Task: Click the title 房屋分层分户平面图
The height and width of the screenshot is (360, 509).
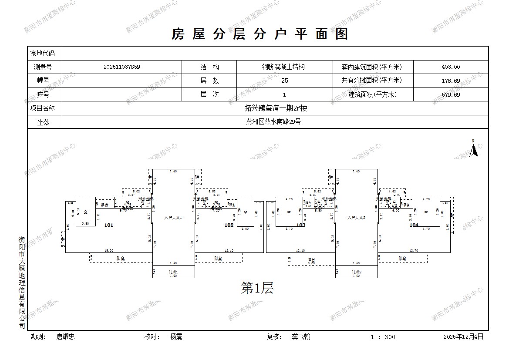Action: coord(260,34)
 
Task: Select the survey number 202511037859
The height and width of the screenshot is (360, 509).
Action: coord(122,67)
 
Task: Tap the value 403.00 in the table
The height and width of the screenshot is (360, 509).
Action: coord(450,67)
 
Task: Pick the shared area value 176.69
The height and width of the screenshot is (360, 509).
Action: coord(450,81)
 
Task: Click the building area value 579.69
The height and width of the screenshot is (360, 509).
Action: coord(450,94)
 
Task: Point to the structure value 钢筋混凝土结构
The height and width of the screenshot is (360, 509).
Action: coord(283,67)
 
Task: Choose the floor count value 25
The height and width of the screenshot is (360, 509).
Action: coord(284,81)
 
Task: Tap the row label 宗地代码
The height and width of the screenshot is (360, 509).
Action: coord(42,54)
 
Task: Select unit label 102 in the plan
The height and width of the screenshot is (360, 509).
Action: coord(229,225)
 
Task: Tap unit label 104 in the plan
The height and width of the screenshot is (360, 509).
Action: coord(414,225)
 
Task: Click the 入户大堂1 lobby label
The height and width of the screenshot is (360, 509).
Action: coord(173,217)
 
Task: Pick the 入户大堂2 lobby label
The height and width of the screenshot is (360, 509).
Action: coord(356,217)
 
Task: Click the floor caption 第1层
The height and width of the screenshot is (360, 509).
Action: coord(257,288)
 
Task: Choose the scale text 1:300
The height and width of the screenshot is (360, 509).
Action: coord(383,337)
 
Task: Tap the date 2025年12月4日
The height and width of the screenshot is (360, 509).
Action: coord(463,336)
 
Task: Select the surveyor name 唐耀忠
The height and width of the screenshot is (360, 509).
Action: coord(66,336)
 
